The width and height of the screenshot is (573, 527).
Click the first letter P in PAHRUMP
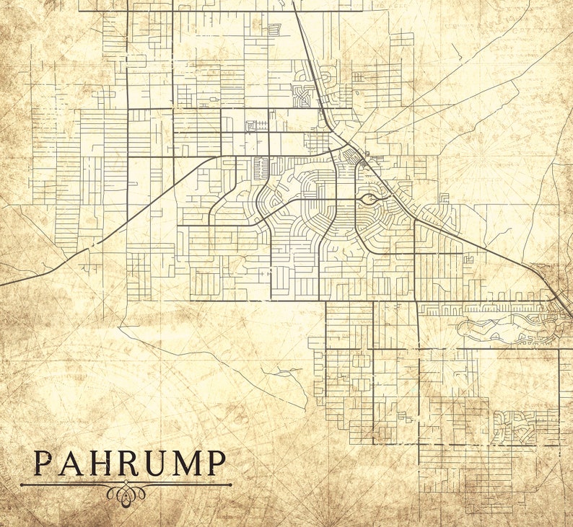(x=43, y=464)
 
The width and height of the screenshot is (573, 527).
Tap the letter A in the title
(x=71, y=464)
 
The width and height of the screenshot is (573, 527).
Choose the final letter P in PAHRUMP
(x=216, y=464)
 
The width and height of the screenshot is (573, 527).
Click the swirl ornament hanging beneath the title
(x=126, y=494)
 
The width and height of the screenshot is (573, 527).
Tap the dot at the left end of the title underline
(x=22, y=484)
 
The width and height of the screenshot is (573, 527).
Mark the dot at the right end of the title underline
(x=231, y=484)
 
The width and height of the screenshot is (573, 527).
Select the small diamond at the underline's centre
(x=126, y=484)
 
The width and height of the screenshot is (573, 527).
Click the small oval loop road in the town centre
(x=368, y=199)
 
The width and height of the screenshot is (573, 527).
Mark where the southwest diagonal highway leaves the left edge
(x=1, y=284)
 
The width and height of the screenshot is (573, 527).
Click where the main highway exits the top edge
(x=294, y=2)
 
